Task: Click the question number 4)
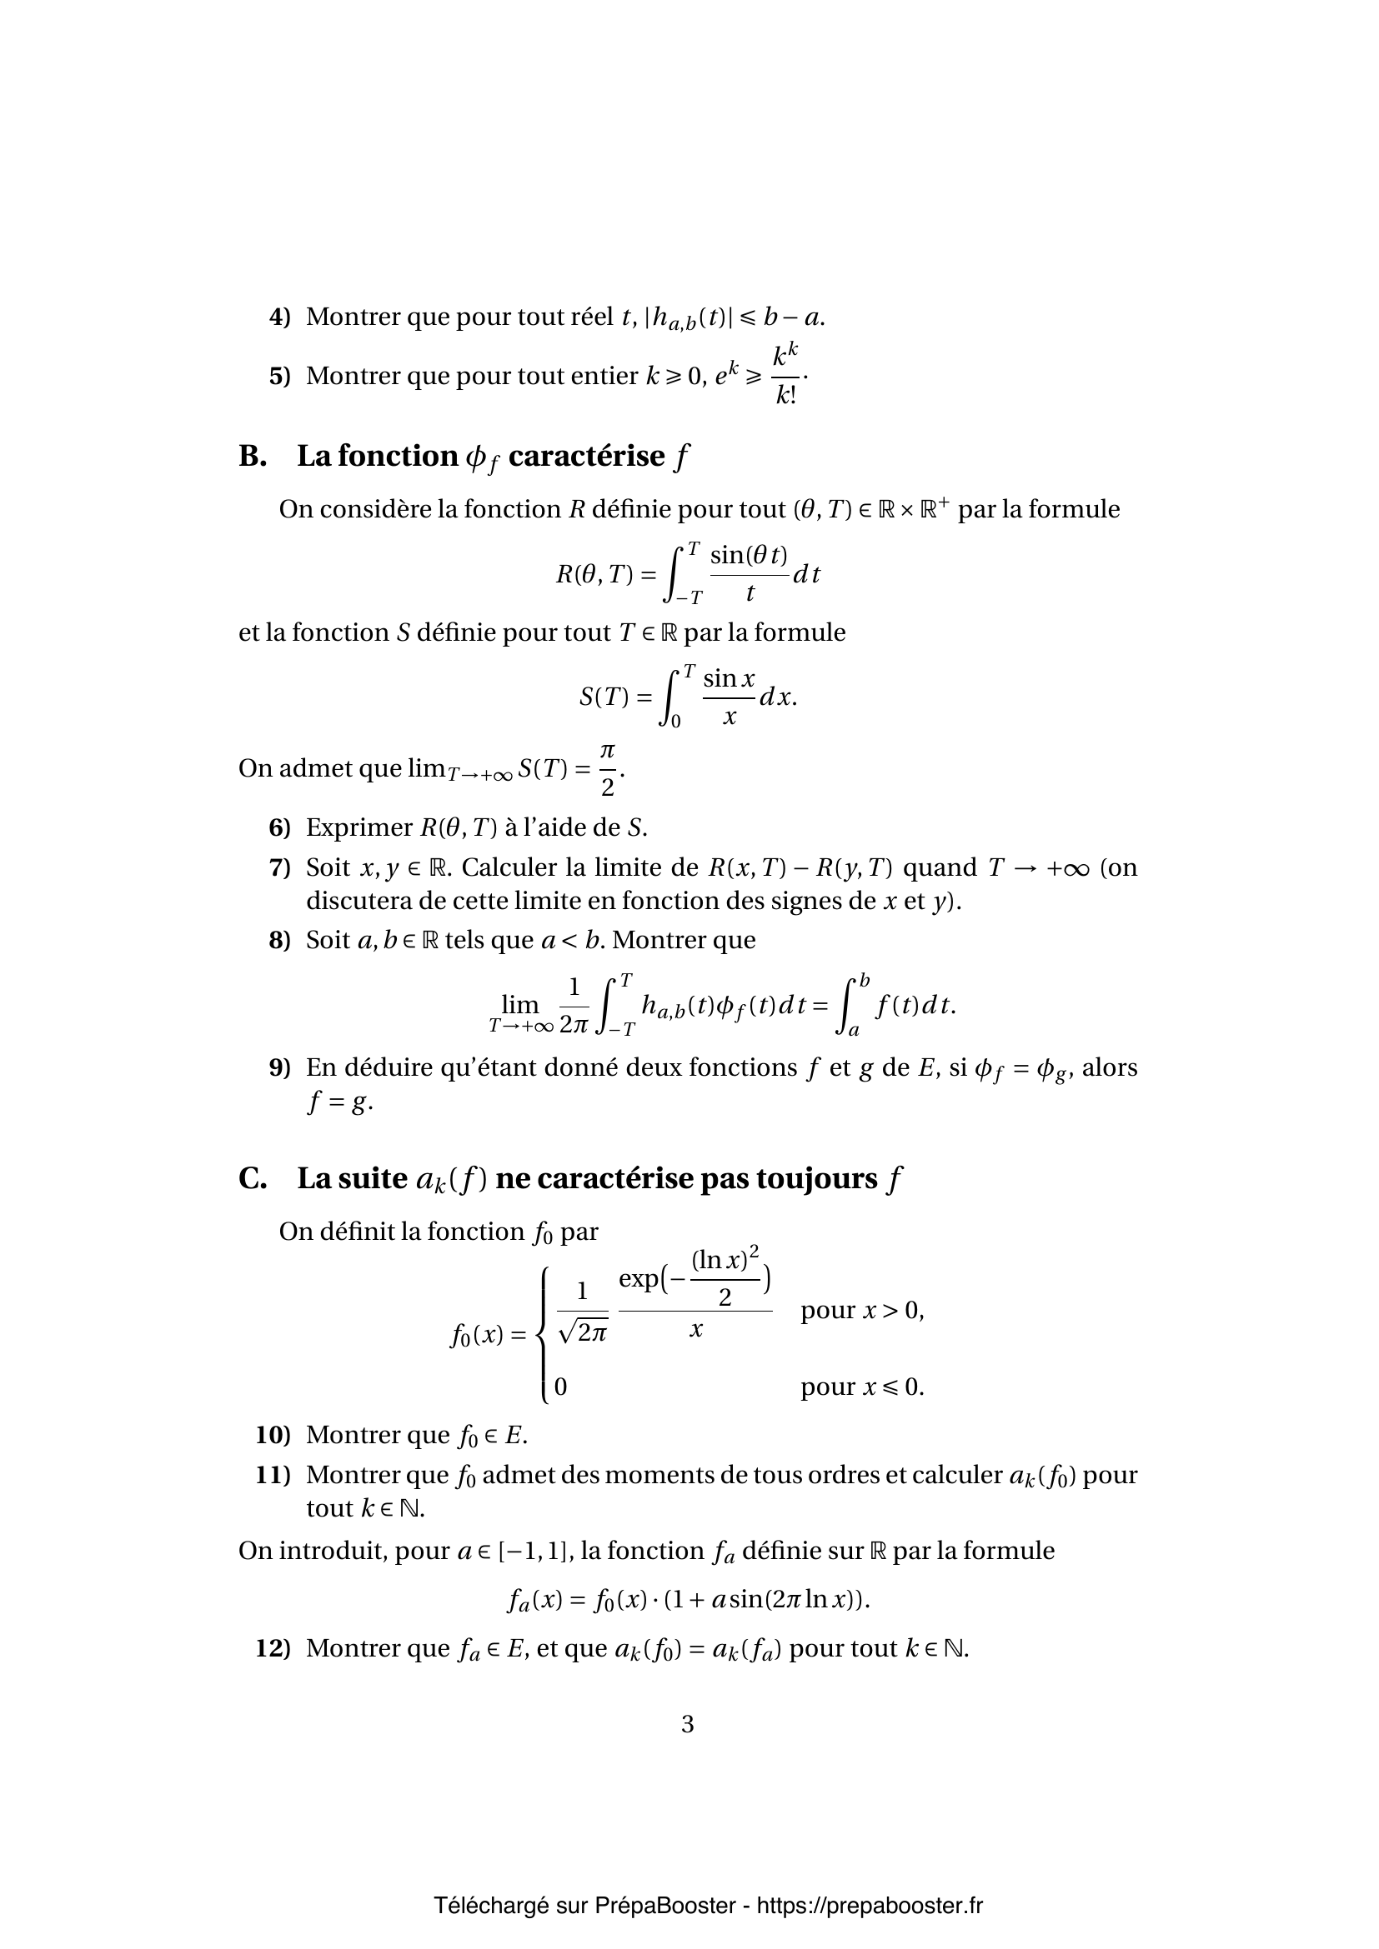pyautogui.click(x=279, y=317)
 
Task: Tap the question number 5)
pyautogui.click(x=279, y=376)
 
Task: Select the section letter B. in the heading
pyautogui.click(x=253, y=457)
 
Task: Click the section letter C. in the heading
pyautogui.click(x=253, y=1179)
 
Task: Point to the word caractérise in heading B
pyautogui.click(x=586, y=457)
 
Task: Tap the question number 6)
pyautogui.click(x=279, y=827)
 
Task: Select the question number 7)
pyautogui.click(x=279, y=867)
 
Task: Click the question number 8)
pyautogui.click(x=279, y=941)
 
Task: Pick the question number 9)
pyautogui.click(x=279, y=1068)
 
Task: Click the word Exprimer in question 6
pyautogui.click(x=359, y=827)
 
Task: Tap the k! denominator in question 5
pyautogui.click(x=786, y=396)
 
